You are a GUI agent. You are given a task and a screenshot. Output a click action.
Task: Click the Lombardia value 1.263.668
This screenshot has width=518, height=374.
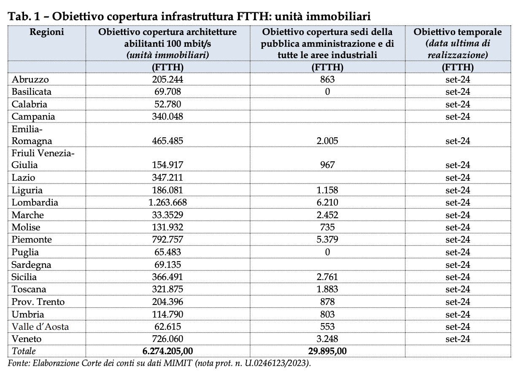tap(167, 203)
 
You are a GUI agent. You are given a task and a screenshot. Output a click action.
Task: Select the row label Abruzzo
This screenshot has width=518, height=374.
tap(30, 80)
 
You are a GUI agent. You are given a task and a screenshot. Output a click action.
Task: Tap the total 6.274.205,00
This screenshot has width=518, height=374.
tap(167, 351)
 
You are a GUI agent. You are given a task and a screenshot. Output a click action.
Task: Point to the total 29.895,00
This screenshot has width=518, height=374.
tap(327, 351)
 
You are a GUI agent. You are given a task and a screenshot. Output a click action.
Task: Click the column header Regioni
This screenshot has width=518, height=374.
tap(47, 32)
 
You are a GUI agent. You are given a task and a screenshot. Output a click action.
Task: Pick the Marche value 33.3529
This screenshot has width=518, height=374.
tap(167, 215)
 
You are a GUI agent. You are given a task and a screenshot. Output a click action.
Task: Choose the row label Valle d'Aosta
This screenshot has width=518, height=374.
tap(40, 327)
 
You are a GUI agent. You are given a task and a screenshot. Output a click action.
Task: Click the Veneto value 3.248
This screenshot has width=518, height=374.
tap(327, 339)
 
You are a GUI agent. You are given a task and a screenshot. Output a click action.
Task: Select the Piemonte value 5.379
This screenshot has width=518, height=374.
tap(327, 239)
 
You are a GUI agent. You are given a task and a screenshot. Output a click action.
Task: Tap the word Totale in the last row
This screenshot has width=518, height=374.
tap(24, 351)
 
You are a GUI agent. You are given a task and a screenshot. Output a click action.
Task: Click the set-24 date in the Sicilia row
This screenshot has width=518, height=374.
tap(458, 277)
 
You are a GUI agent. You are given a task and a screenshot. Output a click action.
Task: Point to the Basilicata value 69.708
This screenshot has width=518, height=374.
tap(167, 92)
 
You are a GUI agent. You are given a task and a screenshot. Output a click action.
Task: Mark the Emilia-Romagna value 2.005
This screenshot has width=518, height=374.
tap(327, 141)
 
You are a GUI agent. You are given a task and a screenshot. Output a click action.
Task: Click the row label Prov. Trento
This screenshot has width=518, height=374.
tap(38, 302)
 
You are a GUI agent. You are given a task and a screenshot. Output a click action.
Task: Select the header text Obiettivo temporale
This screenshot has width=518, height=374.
tap(458, 32)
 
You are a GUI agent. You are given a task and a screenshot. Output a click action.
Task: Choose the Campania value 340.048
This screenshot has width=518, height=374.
tap(167, 117)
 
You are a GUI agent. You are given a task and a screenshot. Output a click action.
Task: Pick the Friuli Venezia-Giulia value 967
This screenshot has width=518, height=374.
tap(327, 165)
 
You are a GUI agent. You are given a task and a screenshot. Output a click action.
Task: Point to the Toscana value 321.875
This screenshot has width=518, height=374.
tap(167, 289)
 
